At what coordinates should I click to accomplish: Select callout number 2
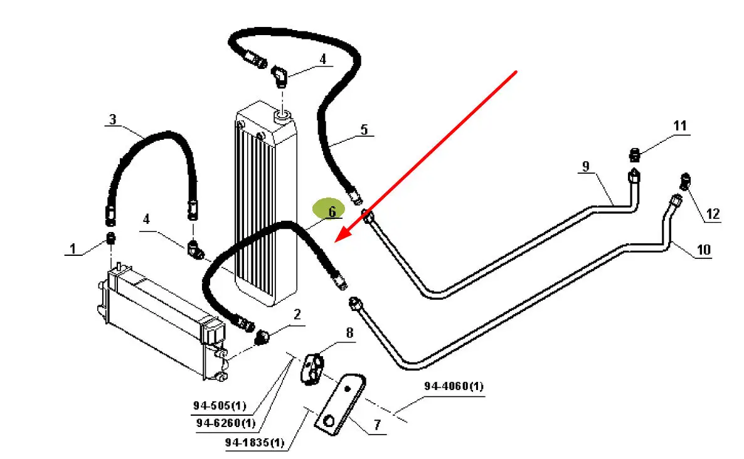point(297,314)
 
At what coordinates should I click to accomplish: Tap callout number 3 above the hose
point(113,119)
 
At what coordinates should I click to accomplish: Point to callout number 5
point(364,130)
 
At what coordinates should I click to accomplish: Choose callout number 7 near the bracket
point(376,425)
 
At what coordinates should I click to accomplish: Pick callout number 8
point(349,333)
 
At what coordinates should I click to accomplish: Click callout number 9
point(585,166)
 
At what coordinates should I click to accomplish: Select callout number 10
point(704,250)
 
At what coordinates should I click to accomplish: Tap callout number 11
point(681,126)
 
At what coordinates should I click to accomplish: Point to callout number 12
point(713,214)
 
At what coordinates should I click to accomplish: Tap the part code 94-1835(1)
point(255,443)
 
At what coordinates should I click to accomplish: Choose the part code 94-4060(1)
point(454,387)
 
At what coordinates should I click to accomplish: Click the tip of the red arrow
point(337,241)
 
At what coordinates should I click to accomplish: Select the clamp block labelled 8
point(314,369)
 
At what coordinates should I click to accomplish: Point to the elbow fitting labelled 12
point(685,182)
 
